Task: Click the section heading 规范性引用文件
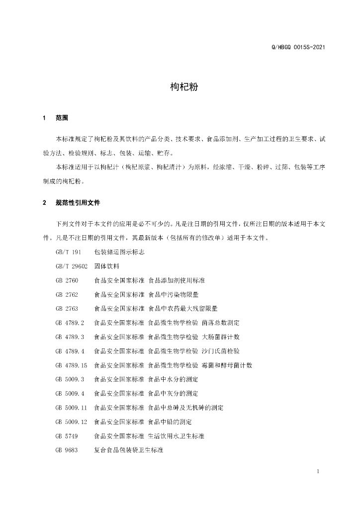[x=78, y=203]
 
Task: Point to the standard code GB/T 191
[x=68, y=252]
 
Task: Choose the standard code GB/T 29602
[x=72, y=266]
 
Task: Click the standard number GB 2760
[x=67, y=280]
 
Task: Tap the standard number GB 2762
[x=67, y=294]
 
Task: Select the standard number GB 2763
[x=67, y=308]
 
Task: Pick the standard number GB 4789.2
[x=70, y=323]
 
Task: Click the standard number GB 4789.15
[x=72, y=365]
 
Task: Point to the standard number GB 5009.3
[x=70, y=379]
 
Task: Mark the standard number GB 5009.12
[x=72, y=422]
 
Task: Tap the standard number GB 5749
[x=67, y=436]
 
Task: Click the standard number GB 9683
[x=67, y=450]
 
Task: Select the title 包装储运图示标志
[x=119, y=252]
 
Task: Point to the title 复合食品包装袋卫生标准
[x=129, y=450]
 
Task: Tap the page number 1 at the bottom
[x=317, y=471]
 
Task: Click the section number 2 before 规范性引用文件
[x=45, y=203]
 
